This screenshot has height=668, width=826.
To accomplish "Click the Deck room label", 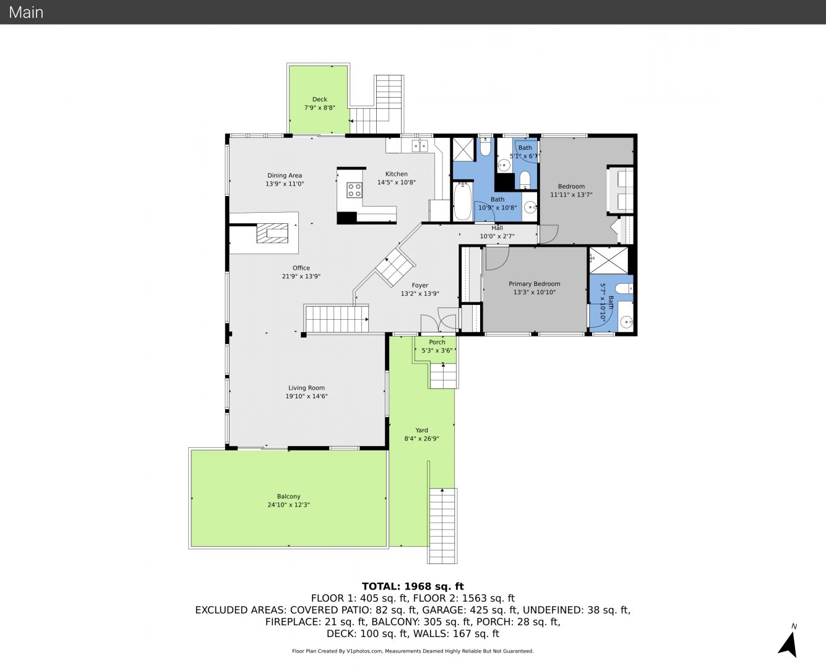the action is click(319, 99).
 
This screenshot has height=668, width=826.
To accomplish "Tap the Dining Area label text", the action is click(284, 175).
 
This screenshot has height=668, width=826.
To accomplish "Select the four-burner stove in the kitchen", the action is click(355, 190).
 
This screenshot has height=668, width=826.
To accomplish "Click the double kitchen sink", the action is click(419, 146).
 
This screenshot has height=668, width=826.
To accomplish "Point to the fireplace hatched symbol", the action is click(272, 233).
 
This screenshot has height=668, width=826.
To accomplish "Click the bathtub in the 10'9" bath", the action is click(462, 201).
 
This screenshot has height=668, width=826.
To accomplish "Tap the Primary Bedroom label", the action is click(535, 284).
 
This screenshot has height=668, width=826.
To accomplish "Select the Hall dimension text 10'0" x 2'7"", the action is click(497, 236).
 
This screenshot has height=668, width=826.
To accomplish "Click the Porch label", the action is click(437, 342).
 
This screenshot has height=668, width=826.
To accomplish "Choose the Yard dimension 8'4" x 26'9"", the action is click(421, 439).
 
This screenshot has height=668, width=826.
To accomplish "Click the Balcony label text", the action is click(288, 496).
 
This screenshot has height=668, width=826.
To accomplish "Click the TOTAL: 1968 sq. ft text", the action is click(413, 586).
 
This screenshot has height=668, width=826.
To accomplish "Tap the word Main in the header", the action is click(26, 12).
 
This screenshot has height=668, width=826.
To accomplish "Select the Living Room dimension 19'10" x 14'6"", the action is click(306, 396).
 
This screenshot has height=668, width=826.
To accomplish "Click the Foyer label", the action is click(420, 285).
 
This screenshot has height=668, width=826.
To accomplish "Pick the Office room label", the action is click(301, 268).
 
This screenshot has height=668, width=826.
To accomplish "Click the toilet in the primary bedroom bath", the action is click(624, 289).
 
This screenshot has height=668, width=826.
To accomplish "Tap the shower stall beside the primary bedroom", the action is click(608, 260).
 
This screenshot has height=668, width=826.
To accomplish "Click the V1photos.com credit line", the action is click(413, 651).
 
